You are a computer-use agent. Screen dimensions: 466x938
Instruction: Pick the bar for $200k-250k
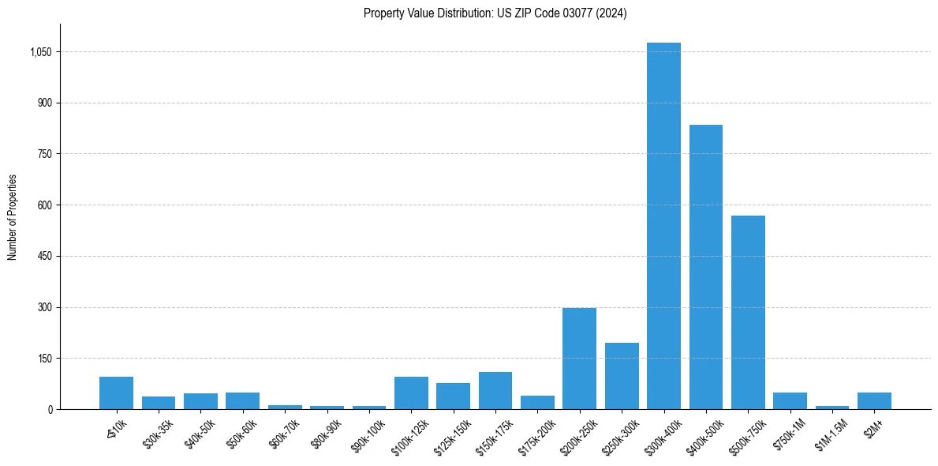[579, 359]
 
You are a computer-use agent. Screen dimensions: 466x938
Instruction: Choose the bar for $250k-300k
[622, 376]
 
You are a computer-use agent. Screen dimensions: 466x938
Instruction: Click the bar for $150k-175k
[495, 390]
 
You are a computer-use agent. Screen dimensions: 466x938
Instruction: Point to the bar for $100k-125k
[411, 393]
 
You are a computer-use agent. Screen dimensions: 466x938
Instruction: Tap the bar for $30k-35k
[159, 403]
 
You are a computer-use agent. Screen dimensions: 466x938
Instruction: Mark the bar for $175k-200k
[537, 402]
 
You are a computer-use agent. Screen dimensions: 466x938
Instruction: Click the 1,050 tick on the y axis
[41, 52]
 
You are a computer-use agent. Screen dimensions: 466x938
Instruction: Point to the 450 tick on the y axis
[44, 257]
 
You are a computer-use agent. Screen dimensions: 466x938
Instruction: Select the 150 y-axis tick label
[44, 359]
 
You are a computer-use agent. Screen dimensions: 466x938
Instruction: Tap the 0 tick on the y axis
[50, 409]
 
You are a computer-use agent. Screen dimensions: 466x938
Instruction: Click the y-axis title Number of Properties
[12, 217]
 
